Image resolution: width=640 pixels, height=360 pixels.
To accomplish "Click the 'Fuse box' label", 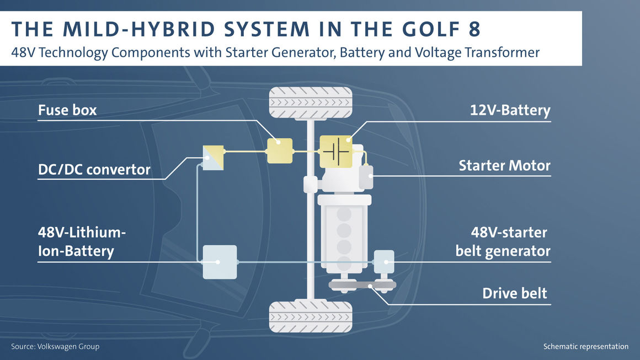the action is (67, 110).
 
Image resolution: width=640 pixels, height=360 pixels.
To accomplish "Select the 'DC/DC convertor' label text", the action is (94, 170).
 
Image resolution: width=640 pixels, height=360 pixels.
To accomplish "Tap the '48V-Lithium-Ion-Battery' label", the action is (82, 242).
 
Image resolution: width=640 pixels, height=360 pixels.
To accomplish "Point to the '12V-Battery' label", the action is (510, 110).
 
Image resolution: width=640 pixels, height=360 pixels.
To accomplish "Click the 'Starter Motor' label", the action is (504, 165).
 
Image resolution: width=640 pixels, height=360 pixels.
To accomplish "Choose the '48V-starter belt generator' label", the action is (503, 242).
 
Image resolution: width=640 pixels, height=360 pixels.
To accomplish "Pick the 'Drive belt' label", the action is (515, 293).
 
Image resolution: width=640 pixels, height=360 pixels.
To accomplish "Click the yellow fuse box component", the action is (280, 151).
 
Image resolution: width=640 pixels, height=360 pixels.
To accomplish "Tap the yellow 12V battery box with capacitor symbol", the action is (336, 152).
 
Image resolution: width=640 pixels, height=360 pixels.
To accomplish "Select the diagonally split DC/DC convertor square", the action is (213, 158).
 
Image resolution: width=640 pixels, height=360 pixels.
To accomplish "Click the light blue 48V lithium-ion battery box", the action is (220, 262).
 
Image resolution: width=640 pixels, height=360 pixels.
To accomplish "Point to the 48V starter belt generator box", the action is (384, 262).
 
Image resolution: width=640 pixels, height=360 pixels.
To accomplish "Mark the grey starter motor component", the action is (366, 177).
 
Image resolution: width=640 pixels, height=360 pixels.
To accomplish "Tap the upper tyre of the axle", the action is (311, 103).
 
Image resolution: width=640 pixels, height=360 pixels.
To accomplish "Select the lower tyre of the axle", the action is (311, 317).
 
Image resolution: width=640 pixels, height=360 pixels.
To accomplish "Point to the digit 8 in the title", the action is (474, 29).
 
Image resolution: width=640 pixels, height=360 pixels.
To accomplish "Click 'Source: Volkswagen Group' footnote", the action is (55, 347).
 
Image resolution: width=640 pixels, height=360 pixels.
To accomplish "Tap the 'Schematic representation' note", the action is (586, 347).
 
